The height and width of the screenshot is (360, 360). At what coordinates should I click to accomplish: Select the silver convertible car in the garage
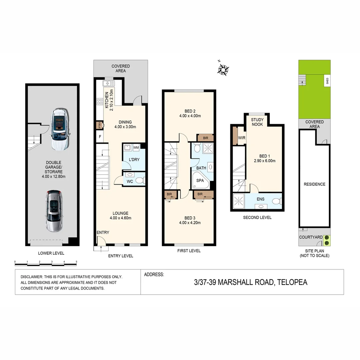pos(54,211)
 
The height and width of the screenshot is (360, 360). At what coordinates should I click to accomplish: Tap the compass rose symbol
pos(223,69)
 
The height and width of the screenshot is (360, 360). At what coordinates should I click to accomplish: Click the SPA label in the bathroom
pos(200,180)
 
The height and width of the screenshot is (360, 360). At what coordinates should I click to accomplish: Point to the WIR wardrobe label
pos(242,138)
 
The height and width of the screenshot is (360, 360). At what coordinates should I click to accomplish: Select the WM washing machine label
pos(136,147)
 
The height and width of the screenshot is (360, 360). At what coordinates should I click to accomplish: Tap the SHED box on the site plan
pos(327,81)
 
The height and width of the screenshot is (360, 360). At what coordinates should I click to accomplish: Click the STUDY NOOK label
pos(257,122)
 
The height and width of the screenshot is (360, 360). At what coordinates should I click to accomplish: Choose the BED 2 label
pos(189,111)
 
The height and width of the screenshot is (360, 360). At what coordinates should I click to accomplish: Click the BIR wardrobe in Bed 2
pos(205,138)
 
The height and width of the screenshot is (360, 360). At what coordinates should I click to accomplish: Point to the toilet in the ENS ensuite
pos(277,201)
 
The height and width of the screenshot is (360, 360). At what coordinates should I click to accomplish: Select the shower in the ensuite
pos(239,201)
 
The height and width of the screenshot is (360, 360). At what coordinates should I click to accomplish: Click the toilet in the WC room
pos(140,181)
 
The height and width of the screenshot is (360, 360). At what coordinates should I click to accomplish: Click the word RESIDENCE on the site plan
pos(314,184)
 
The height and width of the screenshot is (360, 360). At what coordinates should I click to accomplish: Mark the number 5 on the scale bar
pos(76,262)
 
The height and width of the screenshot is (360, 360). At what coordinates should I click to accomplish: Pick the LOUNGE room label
pos(120,213)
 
